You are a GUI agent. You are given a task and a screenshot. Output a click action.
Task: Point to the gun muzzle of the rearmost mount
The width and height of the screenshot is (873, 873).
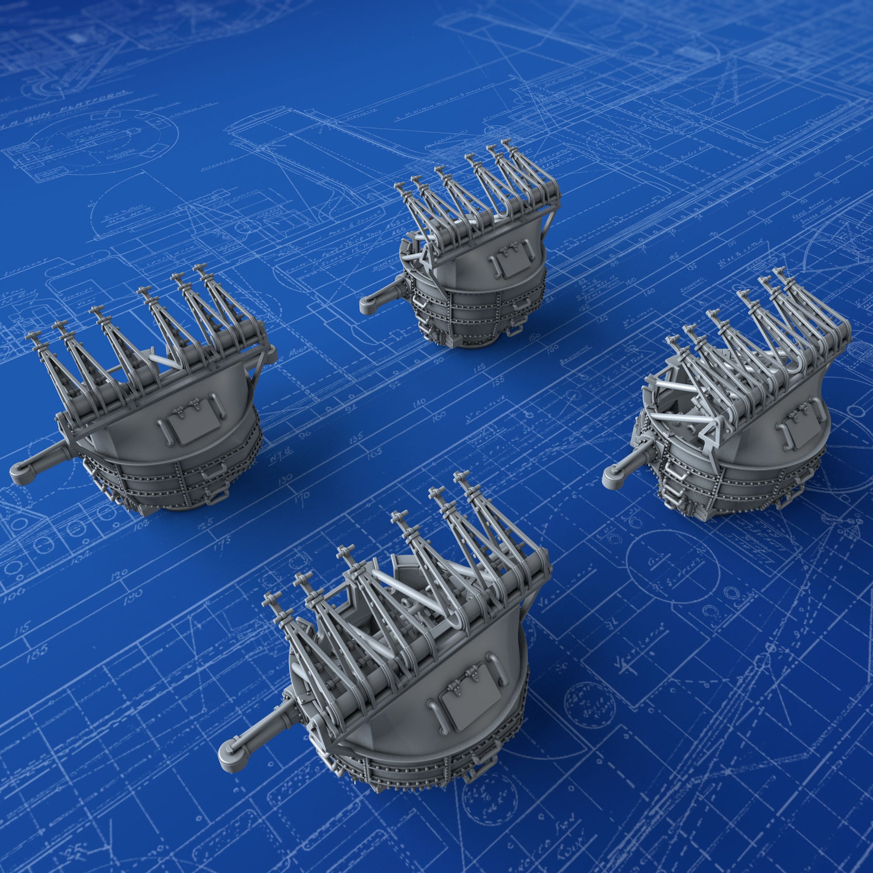pos(367,307)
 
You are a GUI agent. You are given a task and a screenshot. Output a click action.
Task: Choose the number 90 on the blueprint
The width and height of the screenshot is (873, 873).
pos(437,361)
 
